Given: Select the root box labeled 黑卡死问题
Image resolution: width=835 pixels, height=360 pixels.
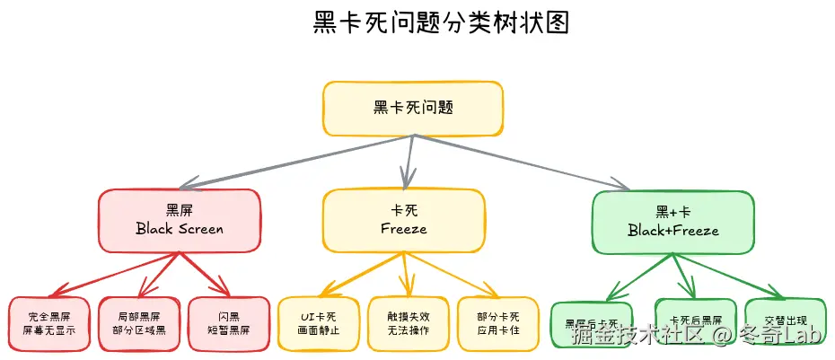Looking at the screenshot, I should point(412,108).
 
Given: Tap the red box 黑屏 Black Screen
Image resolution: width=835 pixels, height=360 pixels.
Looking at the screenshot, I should point(180,220).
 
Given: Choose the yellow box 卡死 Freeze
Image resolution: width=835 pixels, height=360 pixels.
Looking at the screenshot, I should point(403,220).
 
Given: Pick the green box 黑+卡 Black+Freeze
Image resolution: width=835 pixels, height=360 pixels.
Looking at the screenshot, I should point(672,221).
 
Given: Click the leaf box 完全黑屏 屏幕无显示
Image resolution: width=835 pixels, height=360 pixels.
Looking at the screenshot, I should point(49,323).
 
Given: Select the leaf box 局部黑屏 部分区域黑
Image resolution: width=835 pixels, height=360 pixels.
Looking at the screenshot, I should point(138,323).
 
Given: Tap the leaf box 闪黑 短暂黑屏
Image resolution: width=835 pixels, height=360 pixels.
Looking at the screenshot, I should point(228,323).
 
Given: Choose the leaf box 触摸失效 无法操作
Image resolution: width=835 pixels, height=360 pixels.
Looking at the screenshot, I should point(408,323).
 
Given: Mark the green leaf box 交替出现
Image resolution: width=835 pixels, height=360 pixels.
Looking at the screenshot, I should point(785,321).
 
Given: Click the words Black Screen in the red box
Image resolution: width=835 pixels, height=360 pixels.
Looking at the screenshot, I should point(180,229).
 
